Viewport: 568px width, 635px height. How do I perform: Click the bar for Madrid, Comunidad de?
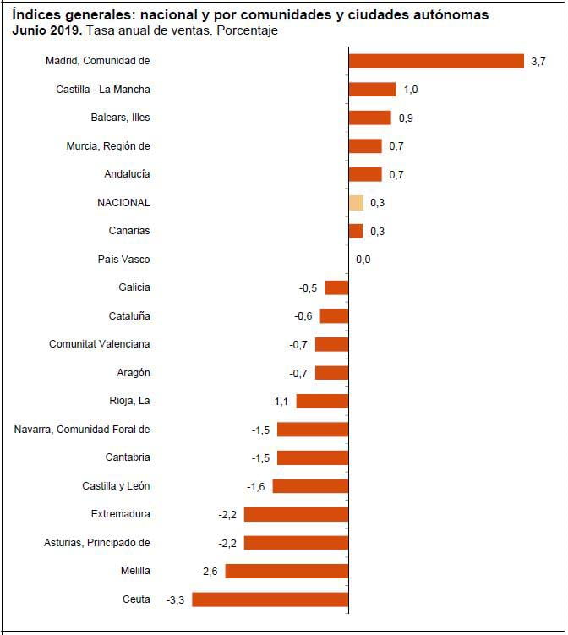pyautogui.click(x=436, y=61)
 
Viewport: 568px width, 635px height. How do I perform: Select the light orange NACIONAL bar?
pyautogui.click(x=356, y=203)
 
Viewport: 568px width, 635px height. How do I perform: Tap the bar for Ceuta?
pyautogui.click(x=270, y=599)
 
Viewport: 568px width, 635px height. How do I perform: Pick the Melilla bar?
pyautogui.click(x=287, y=571)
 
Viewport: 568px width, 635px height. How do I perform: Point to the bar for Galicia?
pyautogui.click(x=336, y=287)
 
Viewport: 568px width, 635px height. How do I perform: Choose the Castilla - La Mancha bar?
pyautogui.click(x=372, y=90)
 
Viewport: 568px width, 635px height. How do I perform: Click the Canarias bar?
pyautogui.click(x=356, y=231)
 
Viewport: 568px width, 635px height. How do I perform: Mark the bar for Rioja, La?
pyautogui.click(x=322, y=401)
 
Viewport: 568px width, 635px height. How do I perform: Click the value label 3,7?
pyautogui.click(x=538, y=62)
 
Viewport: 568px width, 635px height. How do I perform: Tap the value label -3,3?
pyautogui.click(x=176, y=599)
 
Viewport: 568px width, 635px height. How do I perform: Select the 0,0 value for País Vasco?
pyautogui.click(x=363, y=260)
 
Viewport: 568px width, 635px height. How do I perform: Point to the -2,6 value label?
pyautogui.click(x=209, y=572)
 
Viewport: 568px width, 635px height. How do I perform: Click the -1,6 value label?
pyautogui.click(x=256, y=486)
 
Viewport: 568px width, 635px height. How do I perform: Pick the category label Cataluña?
pyautogui.click(x=129, y=316)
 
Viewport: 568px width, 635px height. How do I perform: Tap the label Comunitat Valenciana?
pyautogui.click(x=100, y=344)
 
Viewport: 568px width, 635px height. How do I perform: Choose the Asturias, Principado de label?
pyautogui.click(x=96, y=543)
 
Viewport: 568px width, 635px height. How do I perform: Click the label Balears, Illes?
pyautogui.click(x=120, y=118)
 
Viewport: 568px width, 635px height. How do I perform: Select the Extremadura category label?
pyautogui.click(x=120, y=514)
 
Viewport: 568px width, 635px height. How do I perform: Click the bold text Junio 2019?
pyautogui.click(x=46, y=30)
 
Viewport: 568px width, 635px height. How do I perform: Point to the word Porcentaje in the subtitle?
pyautogui.click(x=250, y=30)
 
